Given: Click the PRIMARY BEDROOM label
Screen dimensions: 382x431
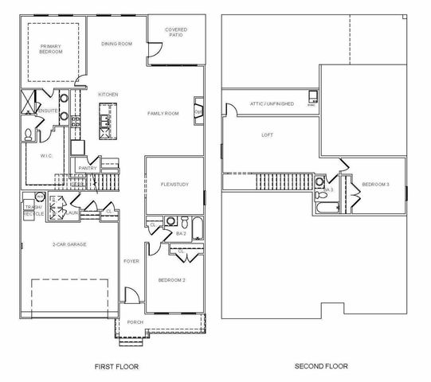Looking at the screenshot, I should click(x=51, y=50).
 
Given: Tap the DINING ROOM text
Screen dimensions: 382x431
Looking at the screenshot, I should click(x=116, y=44).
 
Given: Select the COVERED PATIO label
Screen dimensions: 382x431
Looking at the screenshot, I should click(x=176, y=33).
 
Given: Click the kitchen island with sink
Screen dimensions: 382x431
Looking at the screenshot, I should click(x=104, y=123).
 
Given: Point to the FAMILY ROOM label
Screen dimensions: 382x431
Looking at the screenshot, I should click(x=163, y=114).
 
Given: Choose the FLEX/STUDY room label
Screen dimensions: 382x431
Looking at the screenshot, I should click(x=174, y=184).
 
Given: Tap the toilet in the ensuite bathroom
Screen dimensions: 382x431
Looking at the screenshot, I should click(x=28, y=133).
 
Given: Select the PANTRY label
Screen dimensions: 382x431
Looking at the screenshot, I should click(x=88, y=168).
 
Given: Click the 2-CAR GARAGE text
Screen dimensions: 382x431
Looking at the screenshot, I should click(x=69, y=244).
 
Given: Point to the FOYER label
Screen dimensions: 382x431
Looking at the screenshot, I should click(x=131, y=260).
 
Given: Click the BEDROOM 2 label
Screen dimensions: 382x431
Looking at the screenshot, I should click(x=173, y=281).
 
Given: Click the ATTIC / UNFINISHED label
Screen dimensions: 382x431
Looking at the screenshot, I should click(x=272, y=104).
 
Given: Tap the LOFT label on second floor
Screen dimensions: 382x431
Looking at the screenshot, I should click(x=268, y=134).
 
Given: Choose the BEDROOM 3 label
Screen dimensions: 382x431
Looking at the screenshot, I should click(x=376, y=185).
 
